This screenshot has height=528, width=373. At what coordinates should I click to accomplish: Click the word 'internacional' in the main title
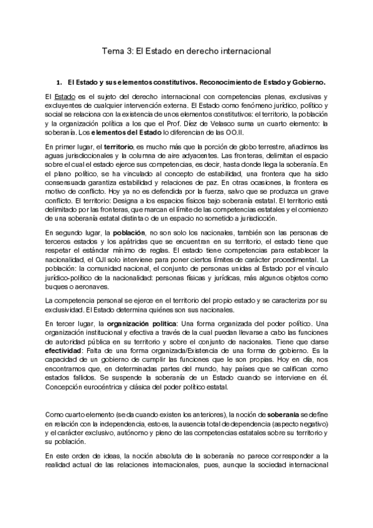click(x=243, y=52)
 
